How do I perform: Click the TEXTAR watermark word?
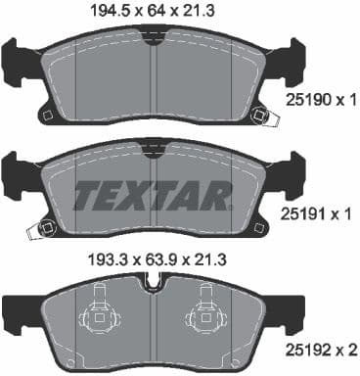tap(153, 194)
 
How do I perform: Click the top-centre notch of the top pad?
tap(152, 36)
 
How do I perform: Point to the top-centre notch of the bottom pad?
tap(152, 281)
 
